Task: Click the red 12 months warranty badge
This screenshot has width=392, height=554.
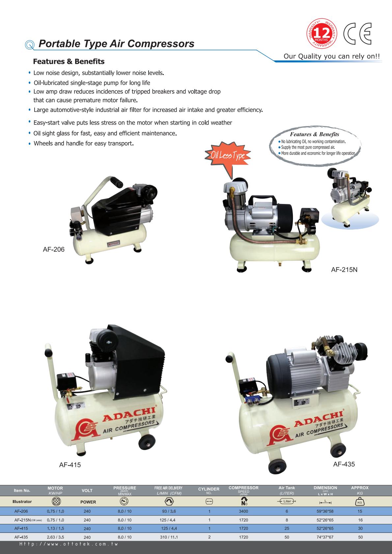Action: (322, 34)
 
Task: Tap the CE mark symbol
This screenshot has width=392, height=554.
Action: (357, 34)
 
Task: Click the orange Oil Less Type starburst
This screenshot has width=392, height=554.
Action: (228, 155)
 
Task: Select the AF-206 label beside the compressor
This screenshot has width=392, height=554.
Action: (53, 249)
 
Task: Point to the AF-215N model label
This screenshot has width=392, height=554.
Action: (344, 269)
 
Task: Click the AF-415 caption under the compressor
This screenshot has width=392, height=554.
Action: (70, 465)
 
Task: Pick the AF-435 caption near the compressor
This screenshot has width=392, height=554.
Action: (344, 464)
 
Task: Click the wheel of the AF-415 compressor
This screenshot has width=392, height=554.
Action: (147, 442)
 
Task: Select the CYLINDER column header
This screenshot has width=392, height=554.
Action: (209, 491)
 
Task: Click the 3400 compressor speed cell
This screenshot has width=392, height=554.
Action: (243, 511)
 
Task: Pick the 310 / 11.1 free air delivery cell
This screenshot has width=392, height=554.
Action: (169, 537)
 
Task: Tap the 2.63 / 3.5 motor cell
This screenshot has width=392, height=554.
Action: (55, 537)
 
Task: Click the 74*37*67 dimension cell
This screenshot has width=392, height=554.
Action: (325, 537)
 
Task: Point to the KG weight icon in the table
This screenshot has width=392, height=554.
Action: (360, 502)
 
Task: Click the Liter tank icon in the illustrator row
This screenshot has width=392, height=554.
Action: (287, 501)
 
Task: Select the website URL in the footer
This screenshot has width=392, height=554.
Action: (69, 544)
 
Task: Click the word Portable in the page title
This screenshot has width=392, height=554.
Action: (60, 44)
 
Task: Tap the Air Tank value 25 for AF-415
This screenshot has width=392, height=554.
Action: (287, 528)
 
